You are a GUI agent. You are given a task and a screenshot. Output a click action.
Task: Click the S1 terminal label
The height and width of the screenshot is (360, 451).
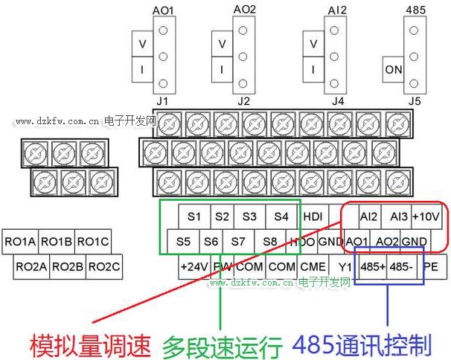(x=194, y=216)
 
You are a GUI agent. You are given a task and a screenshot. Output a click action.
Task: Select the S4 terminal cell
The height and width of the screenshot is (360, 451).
(x=281, y=216)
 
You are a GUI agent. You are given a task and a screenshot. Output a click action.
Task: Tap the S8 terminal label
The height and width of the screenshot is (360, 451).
(x=269, y=241)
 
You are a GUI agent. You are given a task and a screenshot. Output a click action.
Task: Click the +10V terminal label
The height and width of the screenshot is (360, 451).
(x=426, y=216)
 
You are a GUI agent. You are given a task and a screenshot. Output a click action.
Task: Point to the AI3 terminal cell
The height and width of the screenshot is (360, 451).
(x=398, y=216)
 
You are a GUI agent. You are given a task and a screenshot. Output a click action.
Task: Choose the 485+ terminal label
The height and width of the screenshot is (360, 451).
(x=371, y=266)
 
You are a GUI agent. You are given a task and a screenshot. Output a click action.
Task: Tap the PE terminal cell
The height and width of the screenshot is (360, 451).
(x=431, y=266)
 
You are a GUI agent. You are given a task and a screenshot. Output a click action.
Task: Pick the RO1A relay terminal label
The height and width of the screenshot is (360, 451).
(x=20, y=241)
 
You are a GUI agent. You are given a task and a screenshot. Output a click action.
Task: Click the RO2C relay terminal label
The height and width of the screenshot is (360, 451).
(x=104, y=266)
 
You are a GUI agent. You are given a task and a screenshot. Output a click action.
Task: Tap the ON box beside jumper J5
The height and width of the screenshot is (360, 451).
(x=394, y=71)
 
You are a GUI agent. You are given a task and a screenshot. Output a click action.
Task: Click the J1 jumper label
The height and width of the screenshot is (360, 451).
(x=163, y=100)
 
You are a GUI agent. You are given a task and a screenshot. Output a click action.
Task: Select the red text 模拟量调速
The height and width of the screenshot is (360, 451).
(x=90, y=345)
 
